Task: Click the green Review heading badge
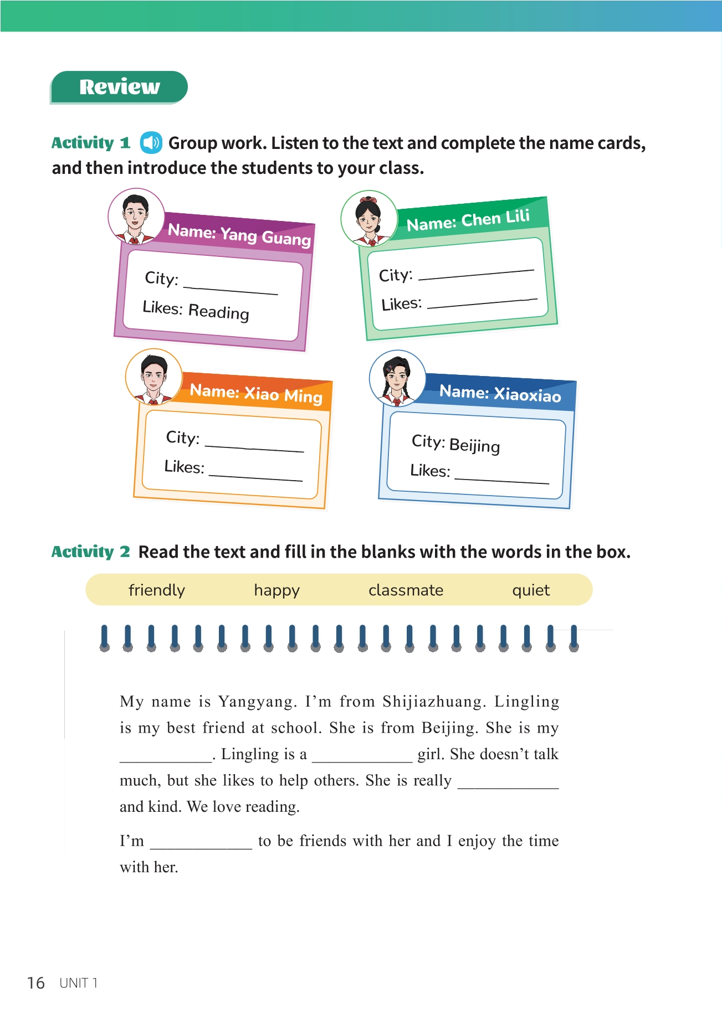(x=119, y=87)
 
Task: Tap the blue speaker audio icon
(x=151, y=143)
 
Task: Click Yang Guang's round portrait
(x=136, y=217)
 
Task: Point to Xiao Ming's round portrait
(x=153, y=377)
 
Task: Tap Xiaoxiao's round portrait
(x=397, y=378)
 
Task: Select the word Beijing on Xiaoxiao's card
(x=474, y=445)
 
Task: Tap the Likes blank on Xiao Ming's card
(x=255, y=476)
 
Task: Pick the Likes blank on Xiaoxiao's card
(x=501, y=480)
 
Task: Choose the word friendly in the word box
(x=157, y=590)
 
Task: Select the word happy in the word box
(x=276, y=590)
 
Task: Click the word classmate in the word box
(x=406, y=590)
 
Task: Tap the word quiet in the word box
(x=531, y=590)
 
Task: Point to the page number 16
(x=36, y=983)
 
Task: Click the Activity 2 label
(x=90, y=552)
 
